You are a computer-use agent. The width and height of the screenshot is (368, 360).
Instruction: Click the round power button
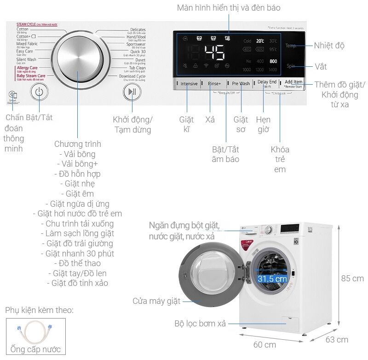tap(39, 92)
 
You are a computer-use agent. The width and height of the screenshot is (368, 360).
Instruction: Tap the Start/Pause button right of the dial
tap(132, 92)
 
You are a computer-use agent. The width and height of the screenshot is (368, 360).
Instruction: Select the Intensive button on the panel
tap(189, 83)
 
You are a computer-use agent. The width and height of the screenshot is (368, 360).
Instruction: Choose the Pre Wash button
tap(241, 83)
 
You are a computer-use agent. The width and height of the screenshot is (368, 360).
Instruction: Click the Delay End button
tap(267, 82)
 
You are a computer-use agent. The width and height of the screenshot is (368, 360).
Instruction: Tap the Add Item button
tap(293, 82)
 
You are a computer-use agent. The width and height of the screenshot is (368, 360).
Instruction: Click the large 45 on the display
tap(214, 53)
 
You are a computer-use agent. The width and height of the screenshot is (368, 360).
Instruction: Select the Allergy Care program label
tap(27, 68)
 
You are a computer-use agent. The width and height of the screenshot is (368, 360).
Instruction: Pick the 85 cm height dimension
tap(352, 279)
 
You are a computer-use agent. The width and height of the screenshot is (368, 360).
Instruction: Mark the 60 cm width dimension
tap(264, 344)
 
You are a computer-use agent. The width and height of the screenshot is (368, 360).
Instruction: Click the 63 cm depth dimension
tap(336, 340)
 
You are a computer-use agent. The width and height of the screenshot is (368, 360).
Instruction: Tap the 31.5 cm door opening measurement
tap(272, 279)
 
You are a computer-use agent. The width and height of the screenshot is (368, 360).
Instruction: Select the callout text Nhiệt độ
tap(329, 46)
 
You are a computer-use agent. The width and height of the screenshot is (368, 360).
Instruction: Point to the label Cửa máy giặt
tap(156, 301)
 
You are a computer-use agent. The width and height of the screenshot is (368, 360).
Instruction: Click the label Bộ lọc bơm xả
tap(200, 324)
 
